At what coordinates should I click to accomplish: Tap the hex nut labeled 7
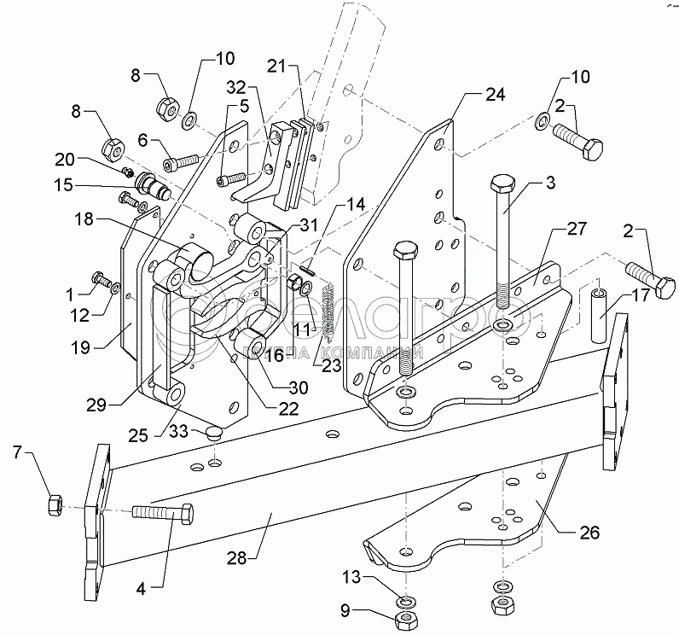(53, 505)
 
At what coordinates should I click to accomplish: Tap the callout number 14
(355, 205)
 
